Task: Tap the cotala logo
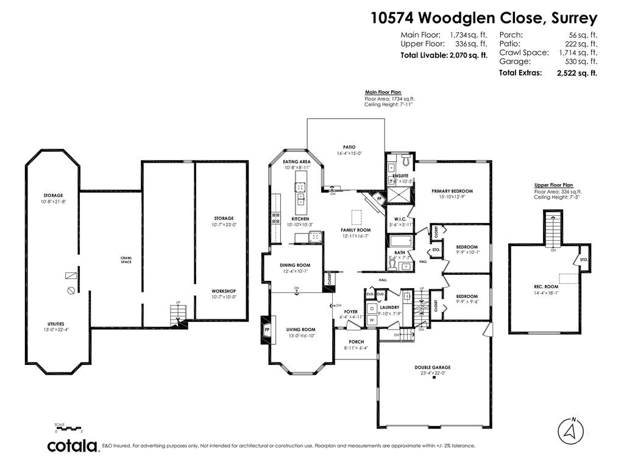point(73,446)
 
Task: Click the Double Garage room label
point(433,367)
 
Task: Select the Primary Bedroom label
point(452,191)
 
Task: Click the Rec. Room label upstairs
point(546,286)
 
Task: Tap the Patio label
point(349,147)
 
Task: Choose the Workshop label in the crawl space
point(224,291)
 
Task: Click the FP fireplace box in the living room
point(267,330)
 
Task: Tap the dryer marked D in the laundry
point(372,308)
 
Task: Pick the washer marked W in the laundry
point(372,319)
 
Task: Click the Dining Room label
point(295,265)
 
